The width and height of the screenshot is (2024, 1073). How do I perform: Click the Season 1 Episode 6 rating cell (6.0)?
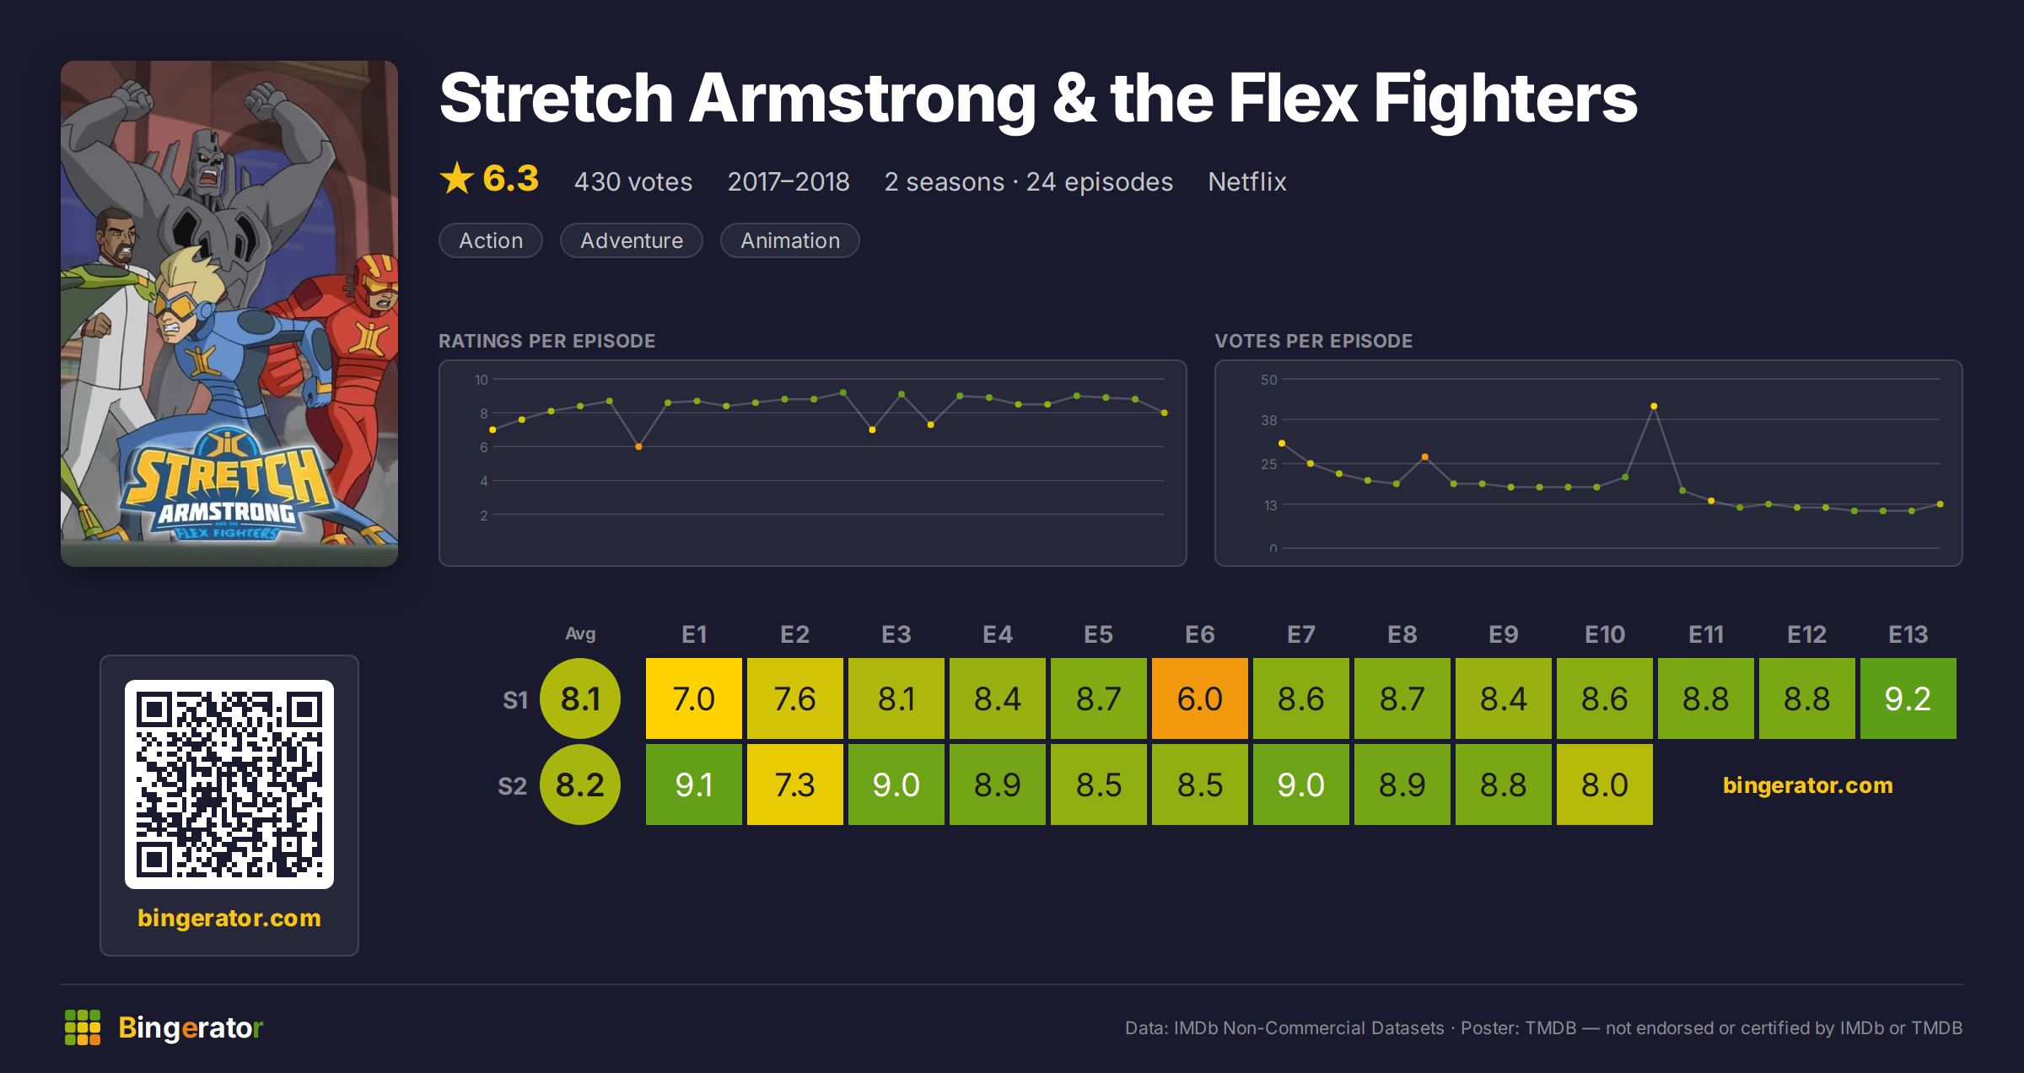click(1199, 698)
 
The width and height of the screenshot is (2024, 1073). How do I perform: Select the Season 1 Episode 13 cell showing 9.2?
click(1908, 698)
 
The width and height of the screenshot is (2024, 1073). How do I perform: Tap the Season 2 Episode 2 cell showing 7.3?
click(794, 785)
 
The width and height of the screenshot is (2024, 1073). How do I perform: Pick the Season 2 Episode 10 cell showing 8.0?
click(1604, 785)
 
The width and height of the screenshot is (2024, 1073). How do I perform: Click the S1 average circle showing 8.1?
click(580, 698)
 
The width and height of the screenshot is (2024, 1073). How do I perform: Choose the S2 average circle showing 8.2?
click(580, 785)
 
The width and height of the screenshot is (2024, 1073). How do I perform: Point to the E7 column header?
click(1300, 634)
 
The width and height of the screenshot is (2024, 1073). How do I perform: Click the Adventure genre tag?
click(632, 240)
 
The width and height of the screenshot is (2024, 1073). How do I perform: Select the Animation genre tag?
click(790, 240)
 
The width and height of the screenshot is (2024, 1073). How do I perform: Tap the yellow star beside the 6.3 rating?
click(457, 178)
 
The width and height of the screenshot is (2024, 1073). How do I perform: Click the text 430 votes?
click(633, 181)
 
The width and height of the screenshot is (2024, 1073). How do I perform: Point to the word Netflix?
click(1247, 181)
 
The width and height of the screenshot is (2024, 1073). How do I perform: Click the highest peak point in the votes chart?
click(1654, 407)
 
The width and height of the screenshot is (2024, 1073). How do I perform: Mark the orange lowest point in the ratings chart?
click(638, 446)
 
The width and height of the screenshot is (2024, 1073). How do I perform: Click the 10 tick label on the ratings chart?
click(482, 380)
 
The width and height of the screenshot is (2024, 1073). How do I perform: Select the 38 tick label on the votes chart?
click(1269, 420)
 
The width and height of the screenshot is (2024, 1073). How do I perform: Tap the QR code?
click(229, 785)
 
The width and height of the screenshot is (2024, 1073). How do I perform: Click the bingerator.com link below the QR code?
click(229, 918)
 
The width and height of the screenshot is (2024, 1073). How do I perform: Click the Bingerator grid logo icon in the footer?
click(83, 1027)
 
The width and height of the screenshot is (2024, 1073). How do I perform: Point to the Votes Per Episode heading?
click(1313, 341)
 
